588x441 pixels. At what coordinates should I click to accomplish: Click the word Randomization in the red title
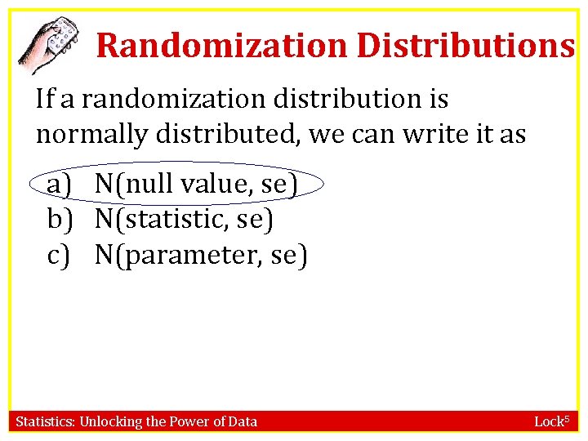click(x=221, y=46)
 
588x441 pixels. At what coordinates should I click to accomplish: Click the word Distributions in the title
click(x=465, y=46)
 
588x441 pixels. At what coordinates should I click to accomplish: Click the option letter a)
click(x=60, y=185)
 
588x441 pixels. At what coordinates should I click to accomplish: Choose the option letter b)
click(x=60, y=220)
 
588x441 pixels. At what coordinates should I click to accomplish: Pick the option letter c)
click(x=59, y=256)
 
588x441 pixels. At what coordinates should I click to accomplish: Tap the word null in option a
click(x=149, y=185)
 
